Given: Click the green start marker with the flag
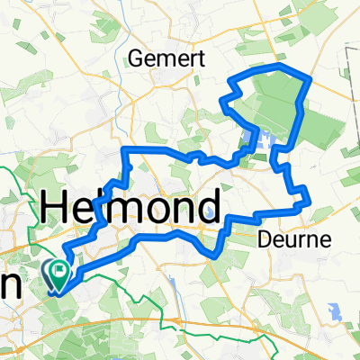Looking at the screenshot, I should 60,269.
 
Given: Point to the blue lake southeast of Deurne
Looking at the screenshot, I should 337,311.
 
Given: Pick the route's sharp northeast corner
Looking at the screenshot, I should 310,79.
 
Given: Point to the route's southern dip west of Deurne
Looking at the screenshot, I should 214,253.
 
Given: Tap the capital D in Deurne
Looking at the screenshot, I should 265,240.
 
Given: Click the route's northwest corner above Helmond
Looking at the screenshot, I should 125,148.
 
